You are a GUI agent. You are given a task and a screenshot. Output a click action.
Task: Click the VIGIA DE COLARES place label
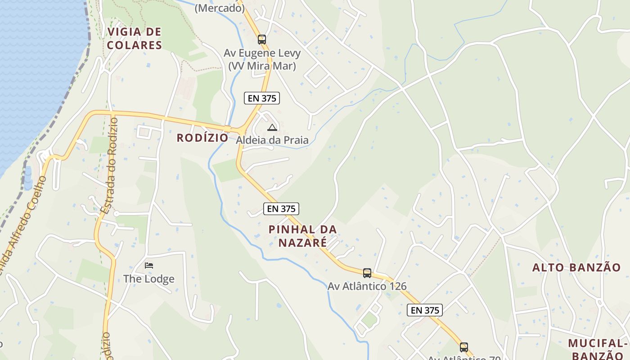135,38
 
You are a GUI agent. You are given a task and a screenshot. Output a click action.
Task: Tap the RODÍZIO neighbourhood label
202,138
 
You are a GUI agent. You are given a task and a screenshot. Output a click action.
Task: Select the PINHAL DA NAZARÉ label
302,236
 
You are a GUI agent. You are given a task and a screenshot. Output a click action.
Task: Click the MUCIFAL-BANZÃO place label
598,349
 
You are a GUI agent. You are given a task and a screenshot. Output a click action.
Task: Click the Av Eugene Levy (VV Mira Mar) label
262,59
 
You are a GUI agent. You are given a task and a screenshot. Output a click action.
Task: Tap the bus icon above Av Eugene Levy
262,40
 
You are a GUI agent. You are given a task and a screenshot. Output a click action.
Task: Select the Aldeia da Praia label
272,140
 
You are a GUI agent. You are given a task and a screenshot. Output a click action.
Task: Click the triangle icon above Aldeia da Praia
272,127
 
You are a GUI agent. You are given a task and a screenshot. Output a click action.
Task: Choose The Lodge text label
149,279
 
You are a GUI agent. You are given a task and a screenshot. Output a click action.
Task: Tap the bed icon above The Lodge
149,265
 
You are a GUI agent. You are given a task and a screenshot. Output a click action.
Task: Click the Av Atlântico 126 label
367,286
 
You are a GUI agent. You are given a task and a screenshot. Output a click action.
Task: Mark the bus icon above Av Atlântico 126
367,273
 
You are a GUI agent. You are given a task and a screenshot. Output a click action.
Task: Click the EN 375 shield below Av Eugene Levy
262,98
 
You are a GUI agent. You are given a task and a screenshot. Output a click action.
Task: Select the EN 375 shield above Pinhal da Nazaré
281,208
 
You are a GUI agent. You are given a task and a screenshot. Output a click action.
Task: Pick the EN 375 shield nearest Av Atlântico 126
425,310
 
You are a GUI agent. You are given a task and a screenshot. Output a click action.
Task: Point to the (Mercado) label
220,8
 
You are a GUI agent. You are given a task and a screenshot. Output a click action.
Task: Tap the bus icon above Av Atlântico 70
464,347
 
